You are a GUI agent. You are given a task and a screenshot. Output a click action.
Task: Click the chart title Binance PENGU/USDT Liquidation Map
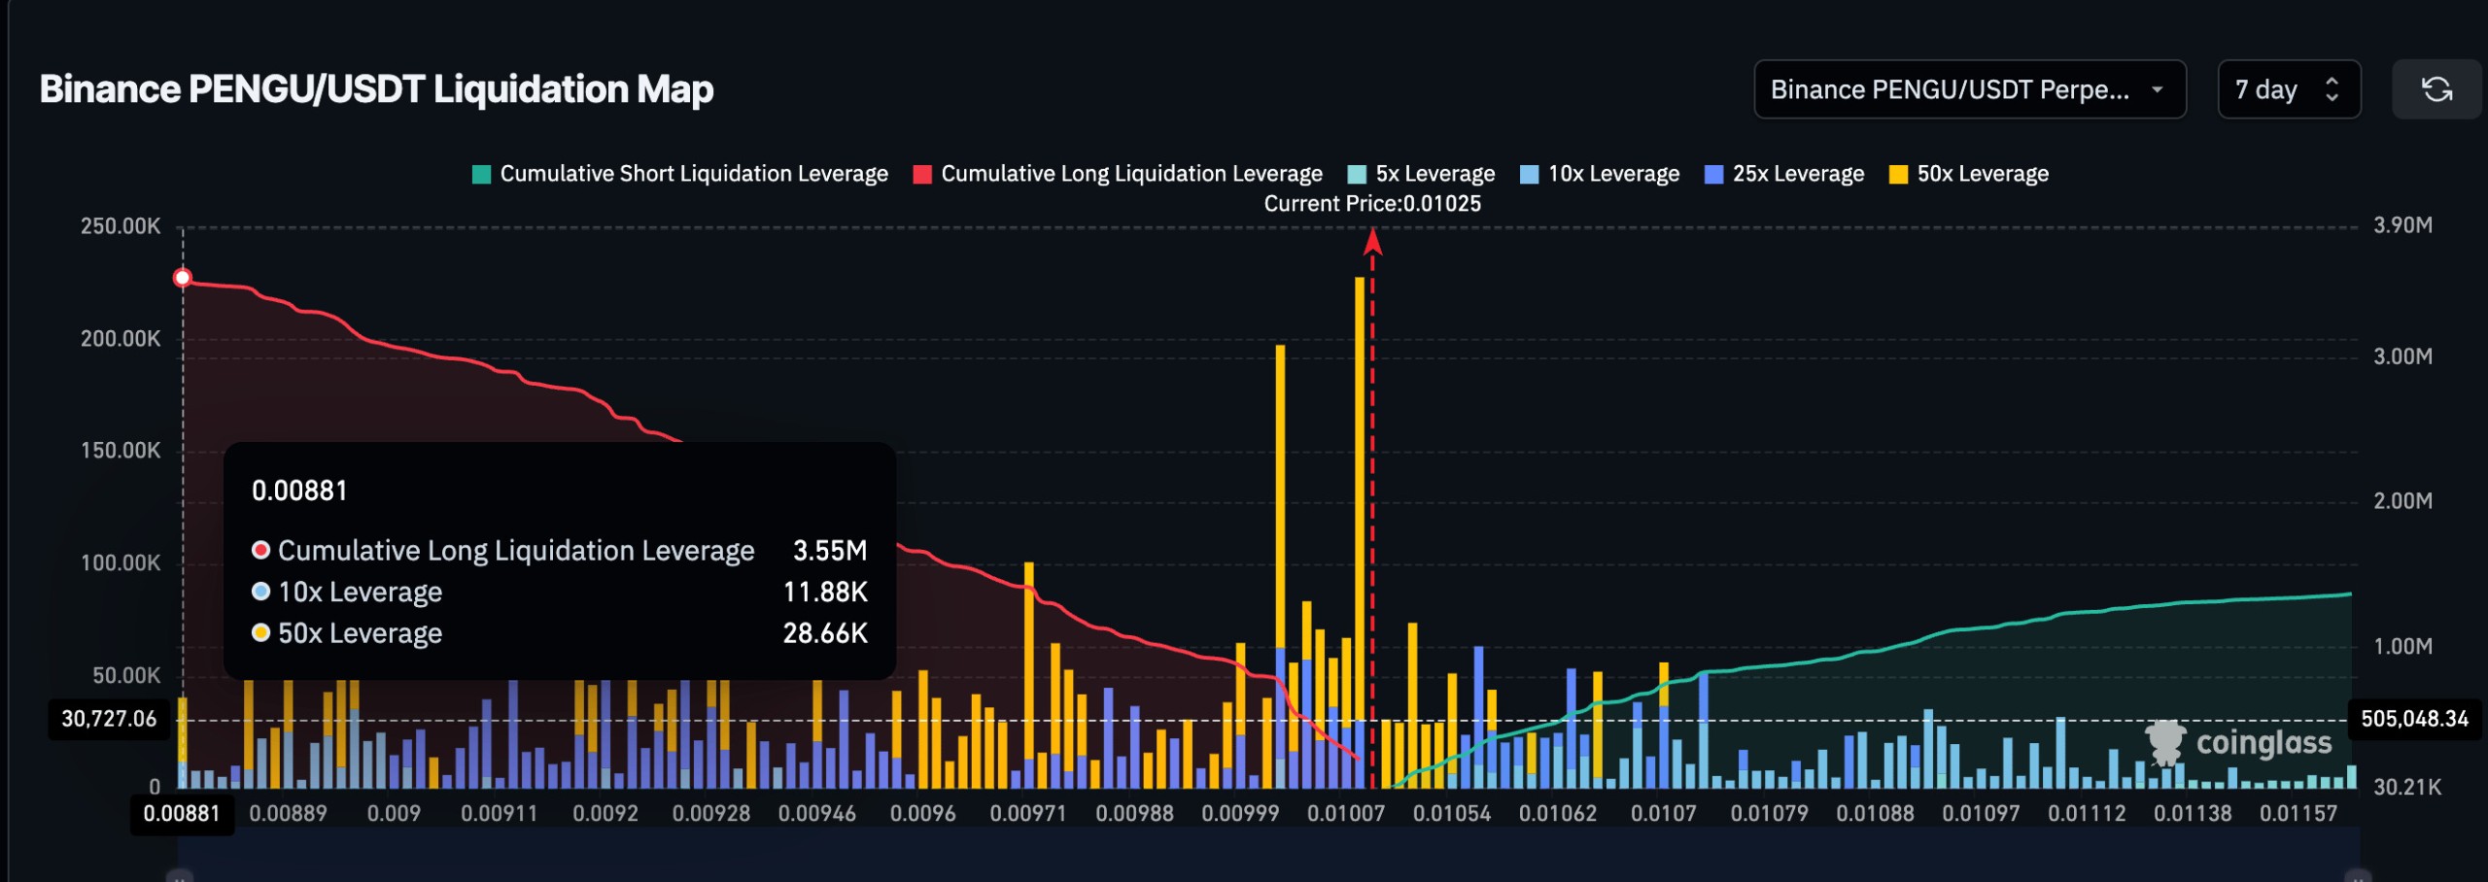click(x=376, y=89)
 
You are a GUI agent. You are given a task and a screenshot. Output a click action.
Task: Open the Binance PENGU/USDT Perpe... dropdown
click(x=1969, y=89)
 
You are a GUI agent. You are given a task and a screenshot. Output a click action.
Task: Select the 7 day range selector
click(x=2288, y=89)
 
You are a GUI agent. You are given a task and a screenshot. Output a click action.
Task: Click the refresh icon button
click(x=2436, y=89)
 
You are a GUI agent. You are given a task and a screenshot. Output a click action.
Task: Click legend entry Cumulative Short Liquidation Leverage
click(x=679, y=174)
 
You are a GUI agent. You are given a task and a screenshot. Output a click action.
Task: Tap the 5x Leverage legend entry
click(x=1421, y=174)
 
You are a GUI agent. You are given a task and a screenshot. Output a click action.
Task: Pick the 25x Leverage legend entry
click(x=1784, y=174)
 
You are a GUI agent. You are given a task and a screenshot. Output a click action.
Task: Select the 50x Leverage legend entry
click(x=1969, y=174)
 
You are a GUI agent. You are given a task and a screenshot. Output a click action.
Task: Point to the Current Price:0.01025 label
click(x=1372, y=204)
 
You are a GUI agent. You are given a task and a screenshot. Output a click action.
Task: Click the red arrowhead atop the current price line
click(x=1372, y=240)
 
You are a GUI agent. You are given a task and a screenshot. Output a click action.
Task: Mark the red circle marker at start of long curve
click(x=183, y=278)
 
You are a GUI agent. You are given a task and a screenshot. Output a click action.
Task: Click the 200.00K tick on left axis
click(x=121, y=339)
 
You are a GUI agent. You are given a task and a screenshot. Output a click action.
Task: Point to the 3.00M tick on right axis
click(x=2402, y=356)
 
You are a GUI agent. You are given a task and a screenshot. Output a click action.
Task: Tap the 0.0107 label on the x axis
click(x=1663, y=814)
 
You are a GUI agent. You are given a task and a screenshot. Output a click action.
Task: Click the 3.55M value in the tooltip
click(x=829, y=551)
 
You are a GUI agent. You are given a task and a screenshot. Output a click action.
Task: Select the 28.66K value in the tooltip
click(x=824, y=633)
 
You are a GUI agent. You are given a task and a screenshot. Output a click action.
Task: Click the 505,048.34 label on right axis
click(x=2414, y=719)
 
